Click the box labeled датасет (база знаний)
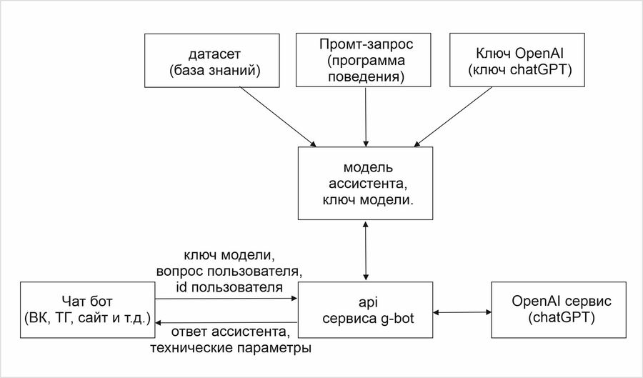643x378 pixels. pos(211,61)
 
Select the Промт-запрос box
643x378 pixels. pos(366,61)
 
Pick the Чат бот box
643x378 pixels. pos(86,309)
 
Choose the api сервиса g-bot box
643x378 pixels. pos(366,309)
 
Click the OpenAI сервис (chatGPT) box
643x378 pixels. pos(554,309)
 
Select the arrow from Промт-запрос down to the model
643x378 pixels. pos(366,114)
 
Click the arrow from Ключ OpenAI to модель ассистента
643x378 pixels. pos(455,114)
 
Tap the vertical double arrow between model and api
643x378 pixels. pos(366,250)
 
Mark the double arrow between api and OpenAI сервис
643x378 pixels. pos(462,312)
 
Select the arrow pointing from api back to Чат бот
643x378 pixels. pos(226,322)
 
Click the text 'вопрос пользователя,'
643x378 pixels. pos(229,271)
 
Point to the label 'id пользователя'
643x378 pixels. pos(229,287)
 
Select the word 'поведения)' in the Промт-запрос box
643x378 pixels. pos(366,76)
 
